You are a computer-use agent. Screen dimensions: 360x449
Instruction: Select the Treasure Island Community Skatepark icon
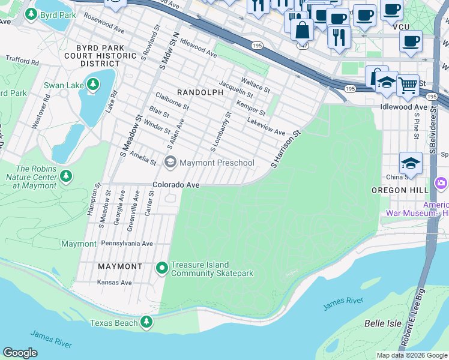point(161,268)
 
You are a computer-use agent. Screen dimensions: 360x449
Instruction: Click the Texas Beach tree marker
point(146,323)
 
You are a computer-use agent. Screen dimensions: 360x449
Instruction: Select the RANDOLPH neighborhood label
point(199,92)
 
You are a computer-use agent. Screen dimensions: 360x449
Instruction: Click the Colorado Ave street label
point(175,185)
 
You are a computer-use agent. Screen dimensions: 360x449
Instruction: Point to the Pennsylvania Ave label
point(127,244)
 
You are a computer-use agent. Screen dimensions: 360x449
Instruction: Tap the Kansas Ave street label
point(115,282)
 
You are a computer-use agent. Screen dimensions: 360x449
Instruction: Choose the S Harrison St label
point(285,150)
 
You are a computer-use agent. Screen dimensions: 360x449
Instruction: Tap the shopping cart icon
point(408,85)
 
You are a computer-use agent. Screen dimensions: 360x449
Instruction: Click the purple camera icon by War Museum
point(441,183)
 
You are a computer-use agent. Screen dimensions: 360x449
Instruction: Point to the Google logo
point(20,353)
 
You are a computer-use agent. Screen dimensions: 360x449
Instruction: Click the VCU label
point(400,27)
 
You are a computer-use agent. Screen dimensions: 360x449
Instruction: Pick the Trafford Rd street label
point(22,61)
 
